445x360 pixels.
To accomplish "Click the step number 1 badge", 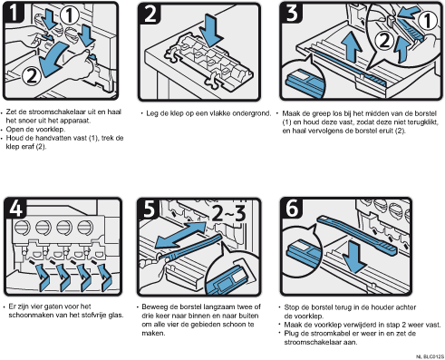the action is [x=14, y=12].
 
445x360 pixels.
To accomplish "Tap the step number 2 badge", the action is [x=150, y=14].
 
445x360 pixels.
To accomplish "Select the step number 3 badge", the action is [x=292, y=13].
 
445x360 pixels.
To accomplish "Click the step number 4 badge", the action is [x=15, y=208].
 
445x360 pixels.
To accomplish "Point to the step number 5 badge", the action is [x=149, y=209].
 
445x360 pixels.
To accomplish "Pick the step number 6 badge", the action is [x=292, y=208].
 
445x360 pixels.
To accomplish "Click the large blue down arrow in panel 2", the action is [x=211, y=30].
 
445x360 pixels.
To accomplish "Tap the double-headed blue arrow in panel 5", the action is [x=181, y=235].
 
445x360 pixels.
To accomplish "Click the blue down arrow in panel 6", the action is [x=354, y=258].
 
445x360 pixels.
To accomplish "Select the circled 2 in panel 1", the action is [x=32, y=75].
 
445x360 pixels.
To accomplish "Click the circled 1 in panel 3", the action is [x=427, y=21].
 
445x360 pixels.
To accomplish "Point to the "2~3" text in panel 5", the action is [x=228, y=213].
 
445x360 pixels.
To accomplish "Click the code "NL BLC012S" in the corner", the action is [x=430, y=357].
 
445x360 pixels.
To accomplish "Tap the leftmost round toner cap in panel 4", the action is [x=23, y=228].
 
